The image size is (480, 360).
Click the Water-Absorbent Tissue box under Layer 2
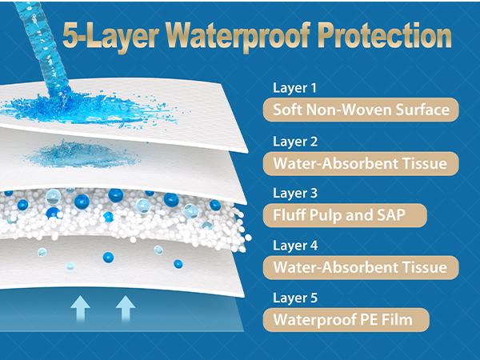pos(354,163)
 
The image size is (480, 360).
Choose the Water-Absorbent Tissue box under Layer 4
pos(354,266)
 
